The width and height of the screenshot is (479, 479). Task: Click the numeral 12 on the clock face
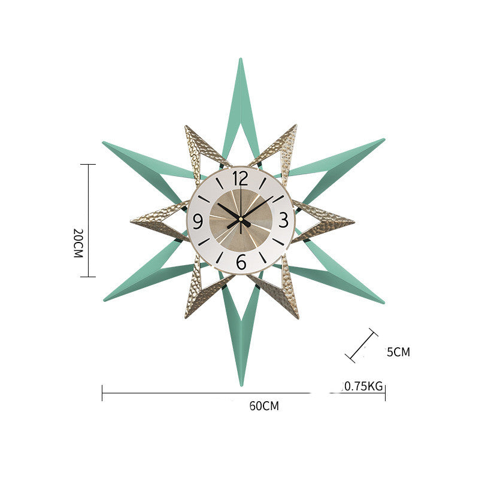pos(240,178)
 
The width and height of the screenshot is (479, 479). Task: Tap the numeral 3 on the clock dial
pos(284,219)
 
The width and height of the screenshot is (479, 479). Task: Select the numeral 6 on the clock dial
pos(241,262)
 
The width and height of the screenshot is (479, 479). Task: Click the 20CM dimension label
pos(77,242)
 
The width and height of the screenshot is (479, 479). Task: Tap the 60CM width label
pos(264,406)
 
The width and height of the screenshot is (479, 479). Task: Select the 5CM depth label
pos(398,352)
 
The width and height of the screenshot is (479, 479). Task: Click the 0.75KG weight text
pos(362,386)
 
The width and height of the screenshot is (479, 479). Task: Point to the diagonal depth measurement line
pos(362,345)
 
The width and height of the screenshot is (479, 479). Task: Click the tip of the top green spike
pos(241,59)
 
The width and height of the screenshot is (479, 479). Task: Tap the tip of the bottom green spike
pos(241,384)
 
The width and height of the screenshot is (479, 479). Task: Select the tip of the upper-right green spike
pos(383,140)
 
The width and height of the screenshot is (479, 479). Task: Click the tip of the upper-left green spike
pos(104,143)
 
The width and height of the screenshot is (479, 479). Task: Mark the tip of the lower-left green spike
pos(104,299)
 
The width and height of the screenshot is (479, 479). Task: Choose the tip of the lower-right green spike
pos(383,302)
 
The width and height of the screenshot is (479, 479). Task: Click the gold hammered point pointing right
pos(353,221)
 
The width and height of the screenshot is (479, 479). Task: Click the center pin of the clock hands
pos(241,220)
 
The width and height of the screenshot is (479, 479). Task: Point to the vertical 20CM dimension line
pos(88,220)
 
